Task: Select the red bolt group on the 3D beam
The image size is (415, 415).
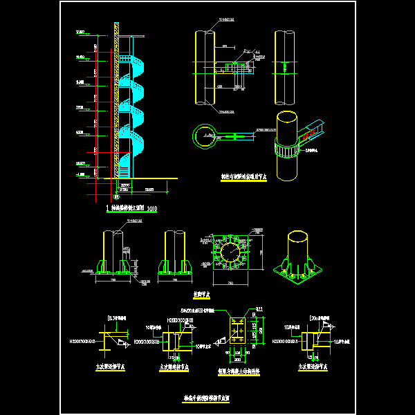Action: pyautogui.click(x=312, y=129)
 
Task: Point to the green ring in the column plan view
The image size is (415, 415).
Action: pyautogui.click(x=205, y=135)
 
